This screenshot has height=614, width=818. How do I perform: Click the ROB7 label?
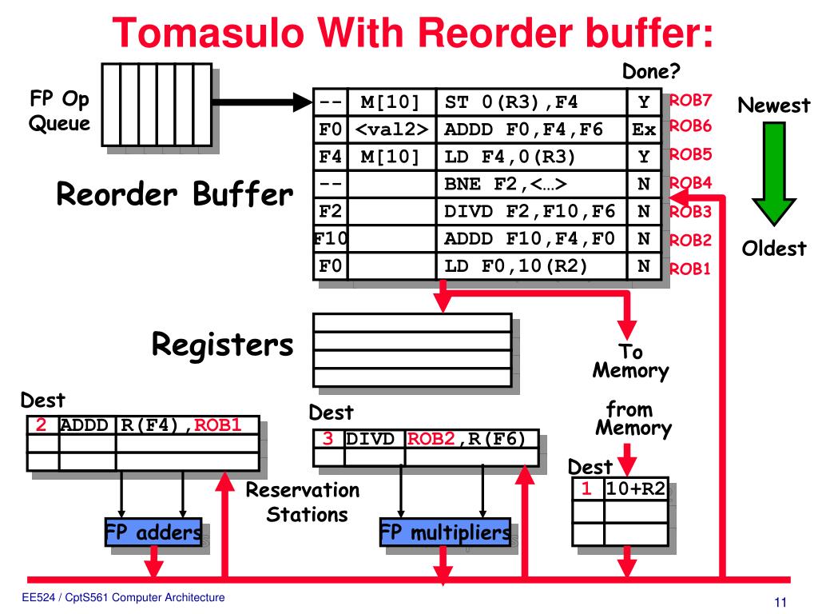tap(690, 99)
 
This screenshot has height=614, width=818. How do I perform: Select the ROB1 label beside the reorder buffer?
tap(689, 269)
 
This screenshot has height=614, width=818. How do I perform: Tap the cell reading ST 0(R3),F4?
tap(531, 102)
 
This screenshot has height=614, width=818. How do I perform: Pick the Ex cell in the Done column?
tap(644, 129)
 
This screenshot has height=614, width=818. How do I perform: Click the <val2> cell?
tap(391, 129)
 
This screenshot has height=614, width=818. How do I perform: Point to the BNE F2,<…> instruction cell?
tap(531, 184)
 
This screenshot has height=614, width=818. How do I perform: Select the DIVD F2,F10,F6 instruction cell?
tap(531, 211)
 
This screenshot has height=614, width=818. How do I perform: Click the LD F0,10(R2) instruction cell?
tap(531, 265)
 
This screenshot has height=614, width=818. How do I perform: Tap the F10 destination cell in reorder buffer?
tap(330, 238)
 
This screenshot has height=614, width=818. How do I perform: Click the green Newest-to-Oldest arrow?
tap(773, 173)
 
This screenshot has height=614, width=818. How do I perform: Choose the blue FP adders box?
tap(153, 532)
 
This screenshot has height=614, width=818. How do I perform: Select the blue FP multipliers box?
tap(445, 532)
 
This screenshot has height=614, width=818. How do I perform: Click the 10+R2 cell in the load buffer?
tap(636, 488)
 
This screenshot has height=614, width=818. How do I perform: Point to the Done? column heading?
tap(651, 71)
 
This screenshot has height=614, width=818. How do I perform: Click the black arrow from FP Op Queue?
tap(262, 102)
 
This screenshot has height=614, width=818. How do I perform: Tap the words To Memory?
tap(631, 361)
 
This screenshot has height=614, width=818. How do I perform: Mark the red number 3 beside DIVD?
tap(328, 439)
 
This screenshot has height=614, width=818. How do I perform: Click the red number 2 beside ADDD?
tap(41, 425)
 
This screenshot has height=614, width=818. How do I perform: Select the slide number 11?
tap(780, 602)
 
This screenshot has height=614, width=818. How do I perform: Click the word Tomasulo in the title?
tap(208, 32)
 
